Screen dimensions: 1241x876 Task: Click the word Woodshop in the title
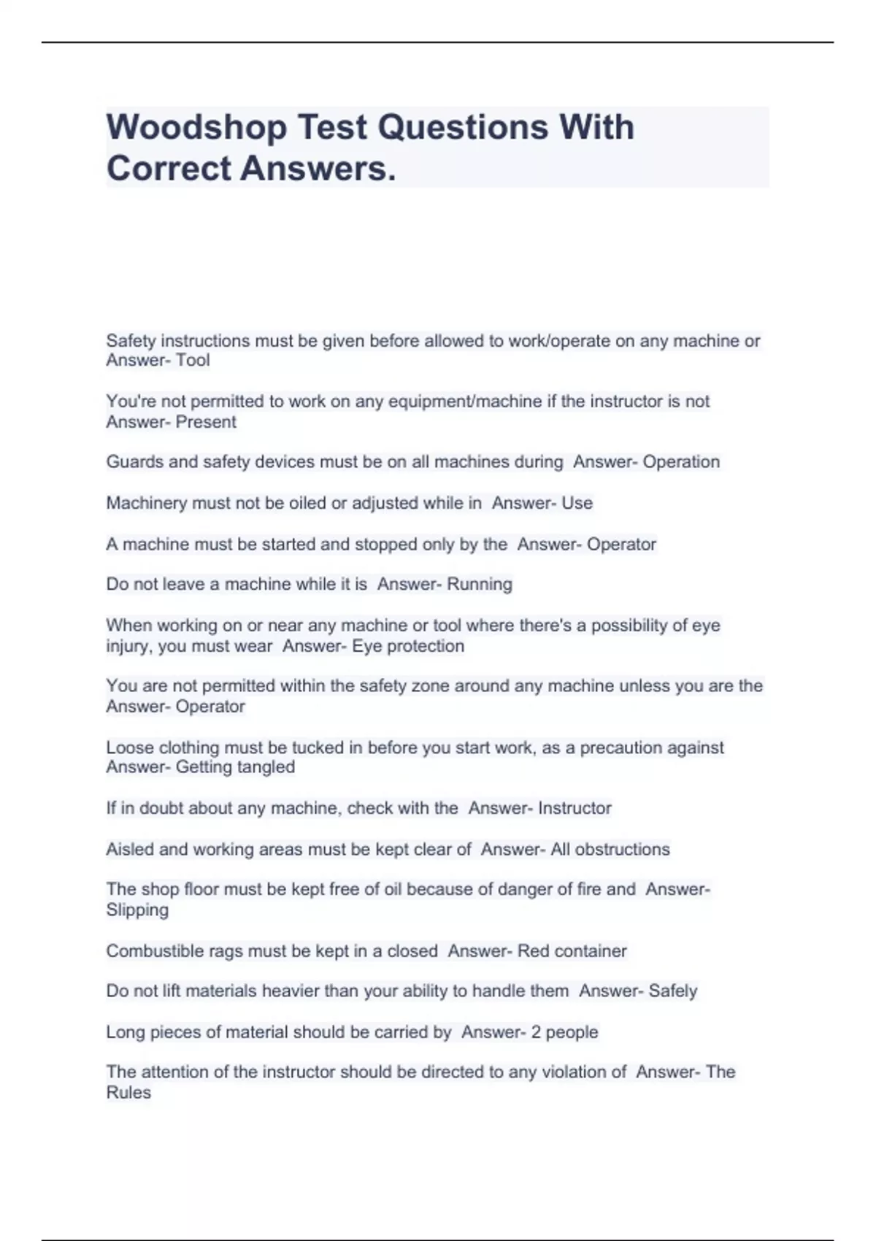tap(196, 128)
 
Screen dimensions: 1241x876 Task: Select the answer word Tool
tap(193, 360)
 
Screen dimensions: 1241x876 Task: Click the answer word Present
tap(206, 422)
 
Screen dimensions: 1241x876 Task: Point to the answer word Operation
tap(681, 462)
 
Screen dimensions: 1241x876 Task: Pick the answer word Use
tap(577, 503)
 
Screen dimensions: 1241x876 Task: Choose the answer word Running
tap(479, 584)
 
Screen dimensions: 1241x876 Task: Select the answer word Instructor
tap(575, 808)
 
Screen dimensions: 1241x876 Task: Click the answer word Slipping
tap(137, 910)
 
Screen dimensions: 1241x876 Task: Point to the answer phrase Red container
tap(572, 951)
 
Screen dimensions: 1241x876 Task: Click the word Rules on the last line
tap(128, 1093)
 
